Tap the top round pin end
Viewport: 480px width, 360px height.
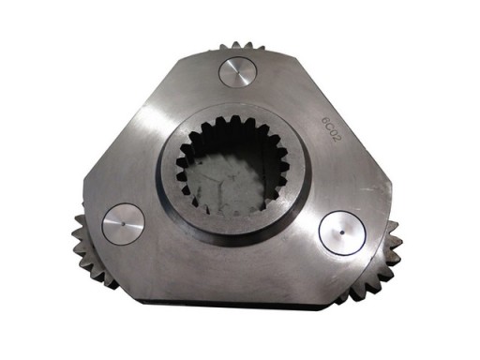tap(236, 72)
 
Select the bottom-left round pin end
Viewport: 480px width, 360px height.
tap(123, 223)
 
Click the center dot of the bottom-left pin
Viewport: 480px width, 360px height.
tap(123, 223)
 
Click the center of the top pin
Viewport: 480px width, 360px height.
tap(236, 72)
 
